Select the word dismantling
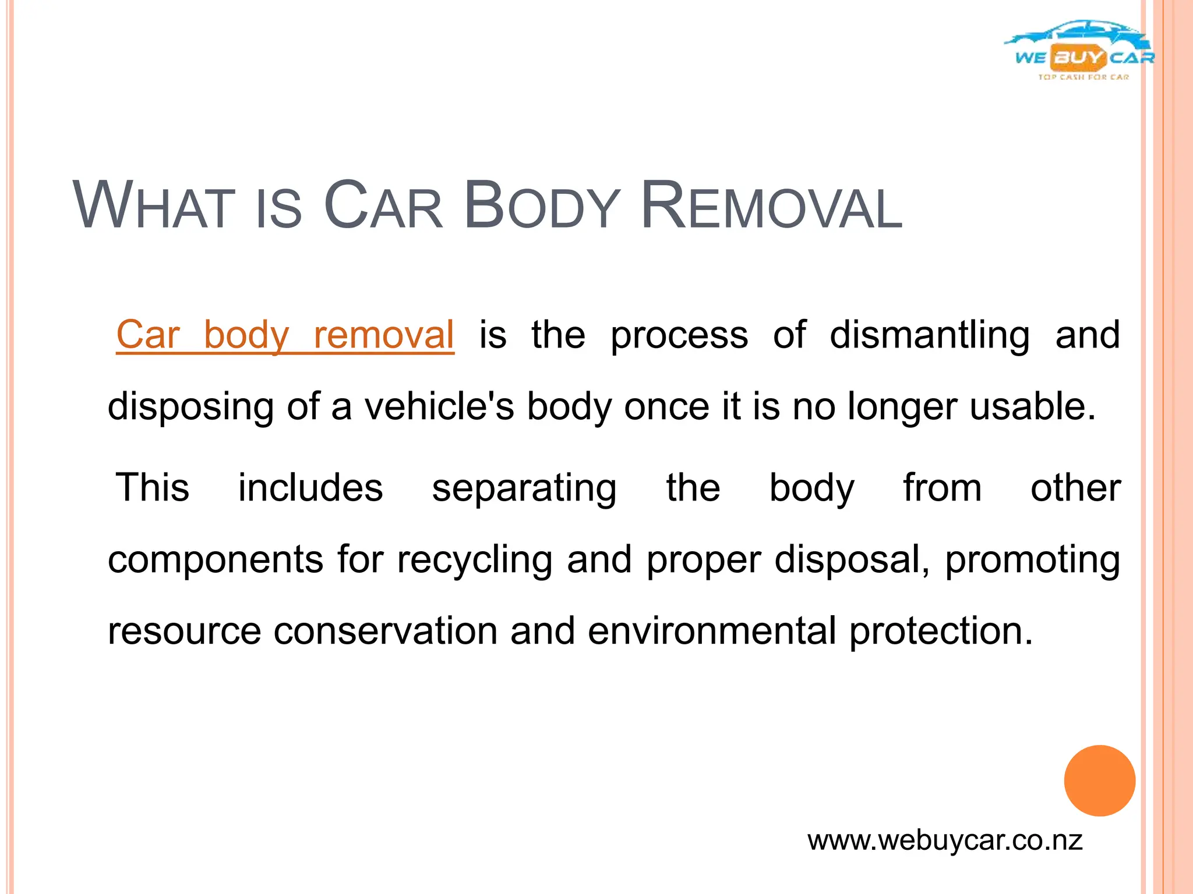(930, 336)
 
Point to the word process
(679, 336)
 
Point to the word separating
(524, 488)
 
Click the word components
(216, 560)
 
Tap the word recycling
(475, 560)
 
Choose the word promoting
(1032, 560)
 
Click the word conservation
(386, 631)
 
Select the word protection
(941, 631)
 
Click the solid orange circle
(1099, 781)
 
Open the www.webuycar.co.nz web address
(945, 840)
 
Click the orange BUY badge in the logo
(1078, 57)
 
